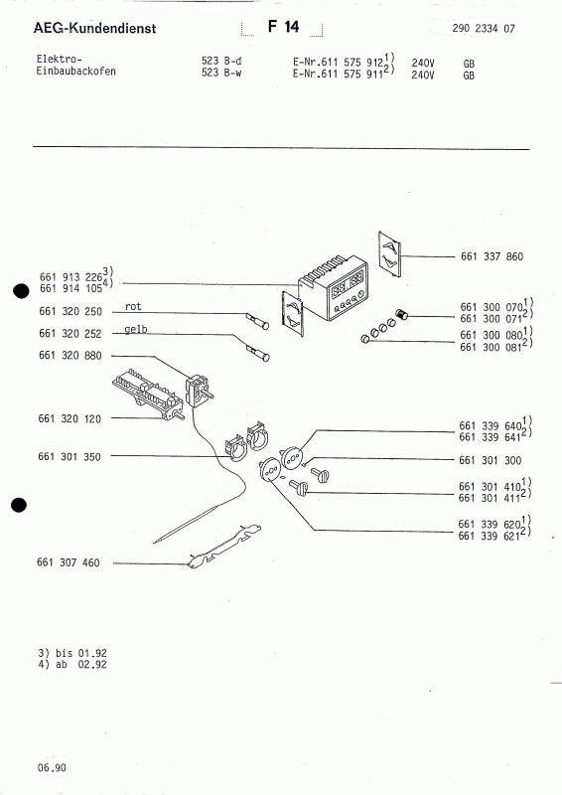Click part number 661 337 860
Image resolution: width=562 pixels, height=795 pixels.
point(492,256)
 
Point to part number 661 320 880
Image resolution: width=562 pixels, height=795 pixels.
point(69,356)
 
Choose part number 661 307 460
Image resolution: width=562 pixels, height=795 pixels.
point(69,563)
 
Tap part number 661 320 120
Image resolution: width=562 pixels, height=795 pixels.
point(69,419)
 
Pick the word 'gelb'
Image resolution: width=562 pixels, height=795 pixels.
point(137,330)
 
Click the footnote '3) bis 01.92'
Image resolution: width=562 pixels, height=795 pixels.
point(72,652)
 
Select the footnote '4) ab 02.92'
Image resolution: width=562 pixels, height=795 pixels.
point(72,664)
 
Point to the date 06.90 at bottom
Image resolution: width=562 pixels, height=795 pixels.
point(54,768)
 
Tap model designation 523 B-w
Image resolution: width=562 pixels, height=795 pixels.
point(222,74)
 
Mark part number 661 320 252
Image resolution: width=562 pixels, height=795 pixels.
point(69,337)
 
